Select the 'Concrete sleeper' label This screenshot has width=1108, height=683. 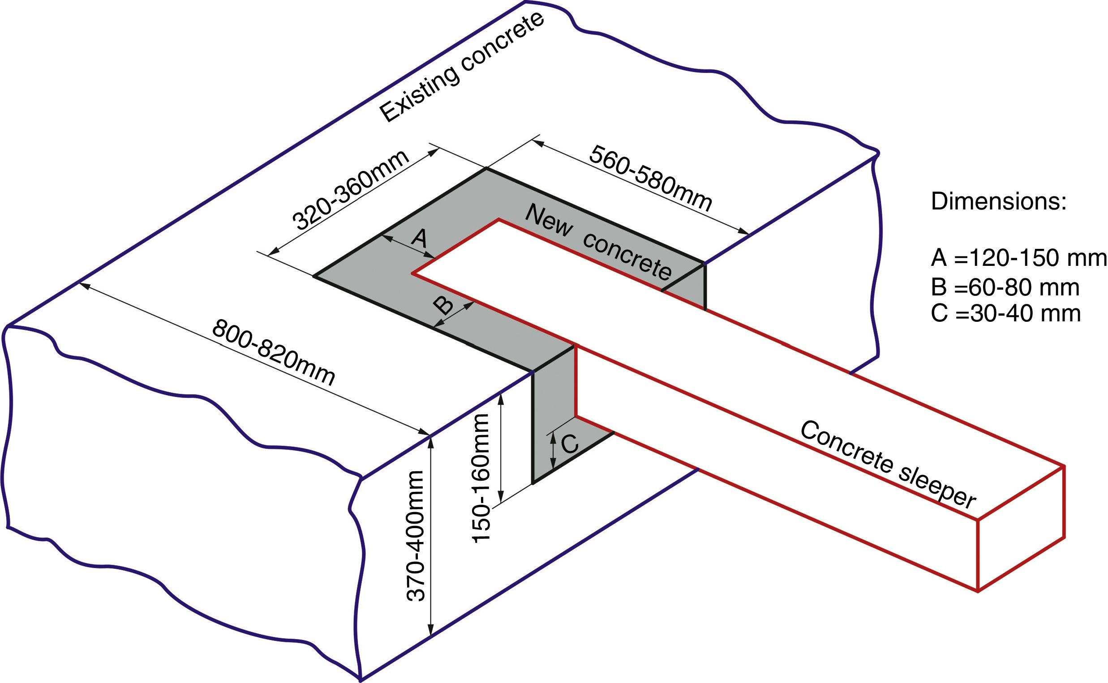(888, 465)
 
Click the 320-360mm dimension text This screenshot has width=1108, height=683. (351, 190)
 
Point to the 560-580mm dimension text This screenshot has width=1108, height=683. (651, 178)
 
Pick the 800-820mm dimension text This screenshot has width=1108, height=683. (274, 352)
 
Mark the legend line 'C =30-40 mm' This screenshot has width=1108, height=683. (1006, 313)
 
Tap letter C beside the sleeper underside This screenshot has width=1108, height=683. (570, 444)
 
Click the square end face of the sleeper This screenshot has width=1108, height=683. (1021, 529)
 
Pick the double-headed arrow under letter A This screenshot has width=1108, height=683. (408, 246)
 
